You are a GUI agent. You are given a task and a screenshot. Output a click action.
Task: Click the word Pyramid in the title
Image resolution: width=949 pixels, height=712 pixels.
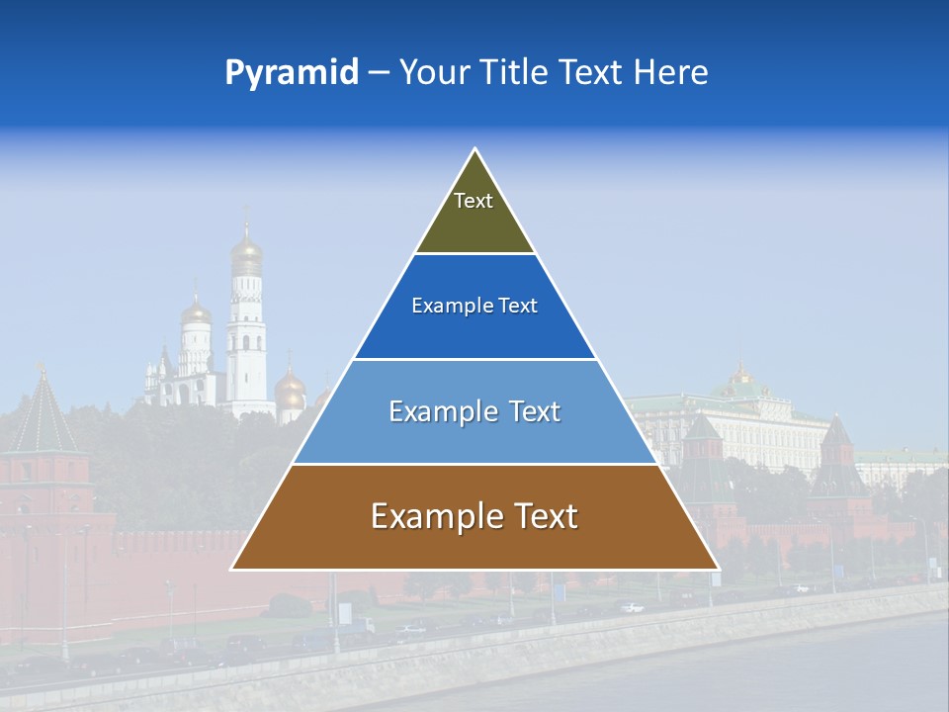pyautogui.click(x=291, y=73)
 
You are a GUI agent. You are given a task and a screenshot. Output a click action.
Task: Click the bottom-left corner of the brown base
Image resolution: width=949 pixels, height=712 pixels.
pyautogui.click(x=232, y=569)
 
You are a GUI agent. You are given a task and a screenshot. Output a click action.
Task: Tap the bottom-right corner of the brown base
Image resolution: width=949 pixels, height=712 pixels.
pyautogui.click(x=718, y=569)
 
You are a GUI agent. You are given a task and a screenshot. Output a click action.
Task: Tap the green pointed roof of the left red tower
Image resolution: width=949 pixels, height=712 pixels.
pyautogui.click(x=43, y=415)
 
